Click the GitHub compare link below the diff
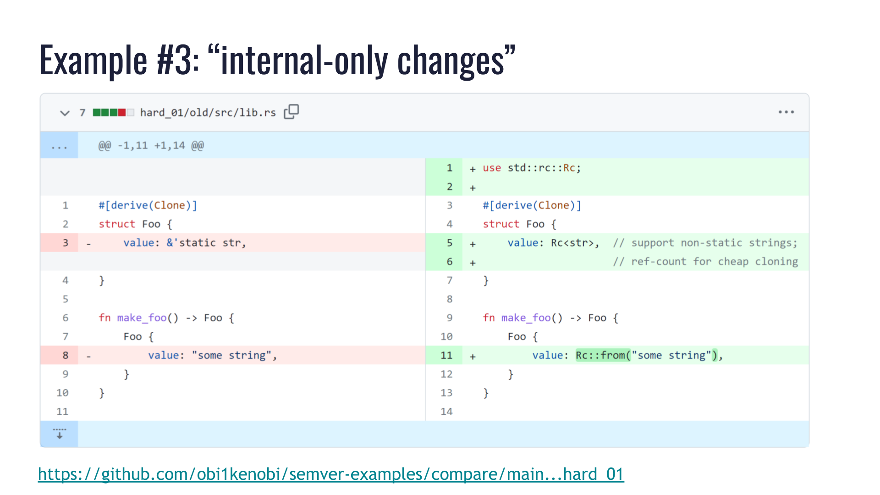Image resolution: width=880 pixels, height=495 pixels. [330, 474]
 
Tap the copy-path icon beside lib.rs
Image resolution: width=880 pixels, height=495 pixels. [291, 111]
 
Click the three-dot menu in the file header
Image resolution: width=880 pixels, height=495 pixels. [786, 112]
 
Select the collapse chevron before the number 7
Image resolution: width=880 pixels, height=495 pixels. [65, 113]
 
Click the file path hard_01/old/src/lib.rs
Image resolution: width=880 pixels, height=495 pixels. [208, 113]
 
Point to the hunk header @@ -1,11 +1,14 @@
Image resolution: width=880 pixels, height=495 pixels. [151, 146]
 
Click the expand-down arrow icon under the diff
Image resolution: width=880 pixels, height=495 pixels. [59, 434]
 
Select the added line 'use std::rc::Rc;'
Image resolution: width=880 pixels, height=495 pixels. [532, 168]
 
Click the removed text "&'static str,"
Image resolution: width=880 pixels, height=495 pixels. [206, 243]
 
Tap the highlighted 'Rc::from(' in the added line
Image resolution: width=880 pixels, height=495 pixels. [602, 355]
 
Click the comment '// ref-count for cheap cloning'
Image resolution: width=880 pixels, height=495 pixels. [705, 262]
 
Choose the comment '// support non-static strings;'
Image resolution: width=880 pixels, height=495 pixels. [705, 243]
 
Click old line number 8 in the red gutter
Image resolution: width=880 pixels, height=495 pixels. [66, 355]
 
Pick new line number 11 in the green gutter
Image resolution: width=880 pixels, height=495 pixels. [446, 355]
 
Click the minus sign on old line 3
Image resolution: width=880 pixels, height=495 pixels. [88, 244]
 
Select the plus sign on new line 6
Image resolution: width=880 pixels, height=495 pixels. [473, 263]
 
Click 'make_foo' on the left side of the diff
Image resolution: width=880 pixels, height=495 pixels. [142, 318]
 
